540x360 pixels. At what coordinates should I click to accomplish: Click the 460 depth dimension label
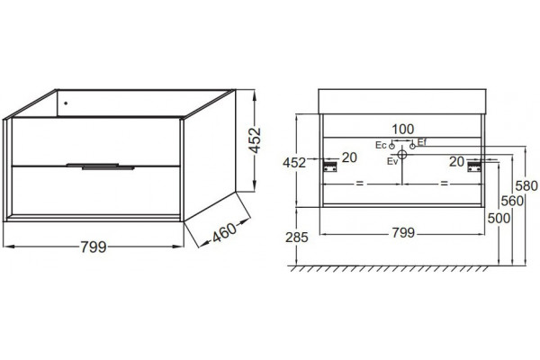click(224, 232)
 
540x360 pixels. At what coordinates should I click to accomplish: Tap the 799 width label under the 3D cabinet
click(94, 247)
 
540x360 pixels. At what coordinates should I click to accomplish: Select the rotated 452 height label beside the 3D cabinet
click(256, 140)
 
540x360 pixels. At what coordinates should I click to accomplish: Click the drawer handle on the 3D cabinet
click(101, 166)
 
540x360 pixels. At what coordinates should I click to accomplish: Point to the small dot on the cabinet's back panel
click(66, 103)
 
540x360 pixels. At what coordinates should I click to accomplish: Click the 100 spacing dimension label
click(403, 130)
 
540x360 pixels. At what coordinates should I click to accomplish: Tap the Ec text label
click(381, 145)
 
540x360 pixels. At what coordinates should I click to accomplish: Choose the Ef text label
click(422, 141)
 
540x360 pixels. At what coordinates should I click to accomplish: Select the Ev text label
click(392, 161)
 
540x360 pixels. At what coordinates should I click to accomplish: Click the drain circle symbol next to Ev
click(402, 154)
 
